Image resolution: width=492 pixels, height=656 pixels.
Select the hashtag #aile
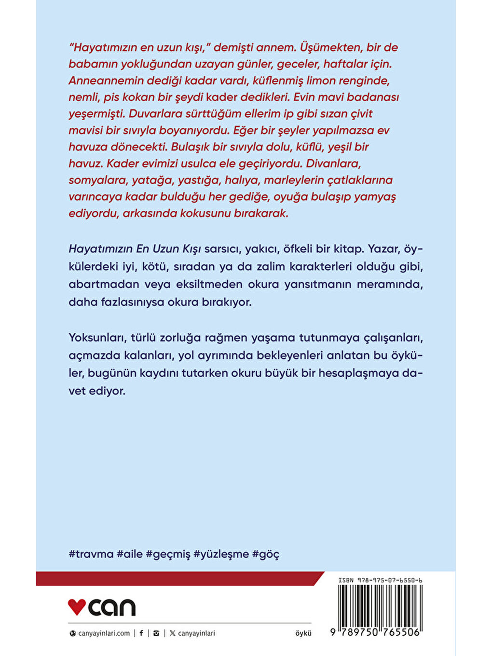click(x=130, y=554)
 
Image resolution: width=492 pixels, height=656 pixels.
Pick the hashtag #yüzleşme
click(x=221, y=554)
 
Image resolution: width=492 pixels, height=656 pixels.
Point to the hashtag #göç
click(x=265, y=554)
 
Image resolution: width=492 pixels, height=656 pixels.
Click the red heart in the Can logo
click(x=77, y=606)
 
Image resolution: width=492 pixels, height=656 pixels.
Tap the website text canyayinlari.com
click(x=104, y=633)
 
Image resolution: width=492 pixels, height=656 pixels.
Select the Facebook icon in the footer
click(x=141, y=633)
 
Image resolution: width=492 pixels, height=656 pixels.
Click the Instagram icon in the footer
click(x=156, y=633)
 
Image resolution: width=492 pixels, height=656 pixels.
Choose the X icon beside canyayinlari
click(x=172, y=633)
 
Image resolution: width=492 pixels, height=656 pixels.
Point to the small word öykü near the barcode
click(x=303, y=633)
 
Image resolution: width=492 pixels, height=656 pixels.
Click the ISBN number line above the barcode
click(x=380, y=580)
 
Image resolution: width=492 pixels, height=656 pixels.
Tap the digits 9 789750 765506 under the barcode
click(x=375, y=632)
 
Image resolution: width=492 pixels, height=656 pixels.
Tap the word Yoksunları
click(x=97, y=337)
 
